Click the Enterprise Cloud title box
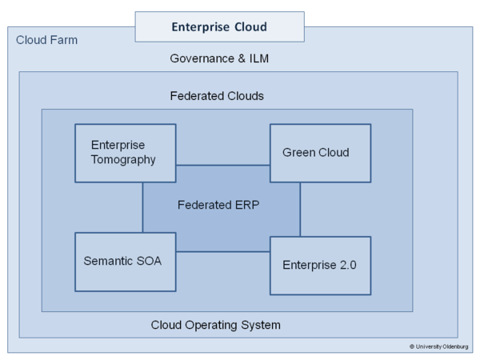click(219, 27)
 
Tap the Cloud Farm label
click(47, 40)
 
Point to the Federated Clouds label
click(217, 96)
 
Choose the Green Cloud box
click(320, 153)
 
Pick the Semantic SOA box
click(125, 262)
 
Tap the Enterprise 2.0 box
click(320, 265)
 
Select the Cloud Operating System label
click(216, 325)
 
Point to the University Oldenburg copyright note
click(439, 346)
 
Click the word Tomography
click(123, 160)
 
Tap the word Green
click(298, 153)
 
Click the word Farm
click(64, 40)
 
